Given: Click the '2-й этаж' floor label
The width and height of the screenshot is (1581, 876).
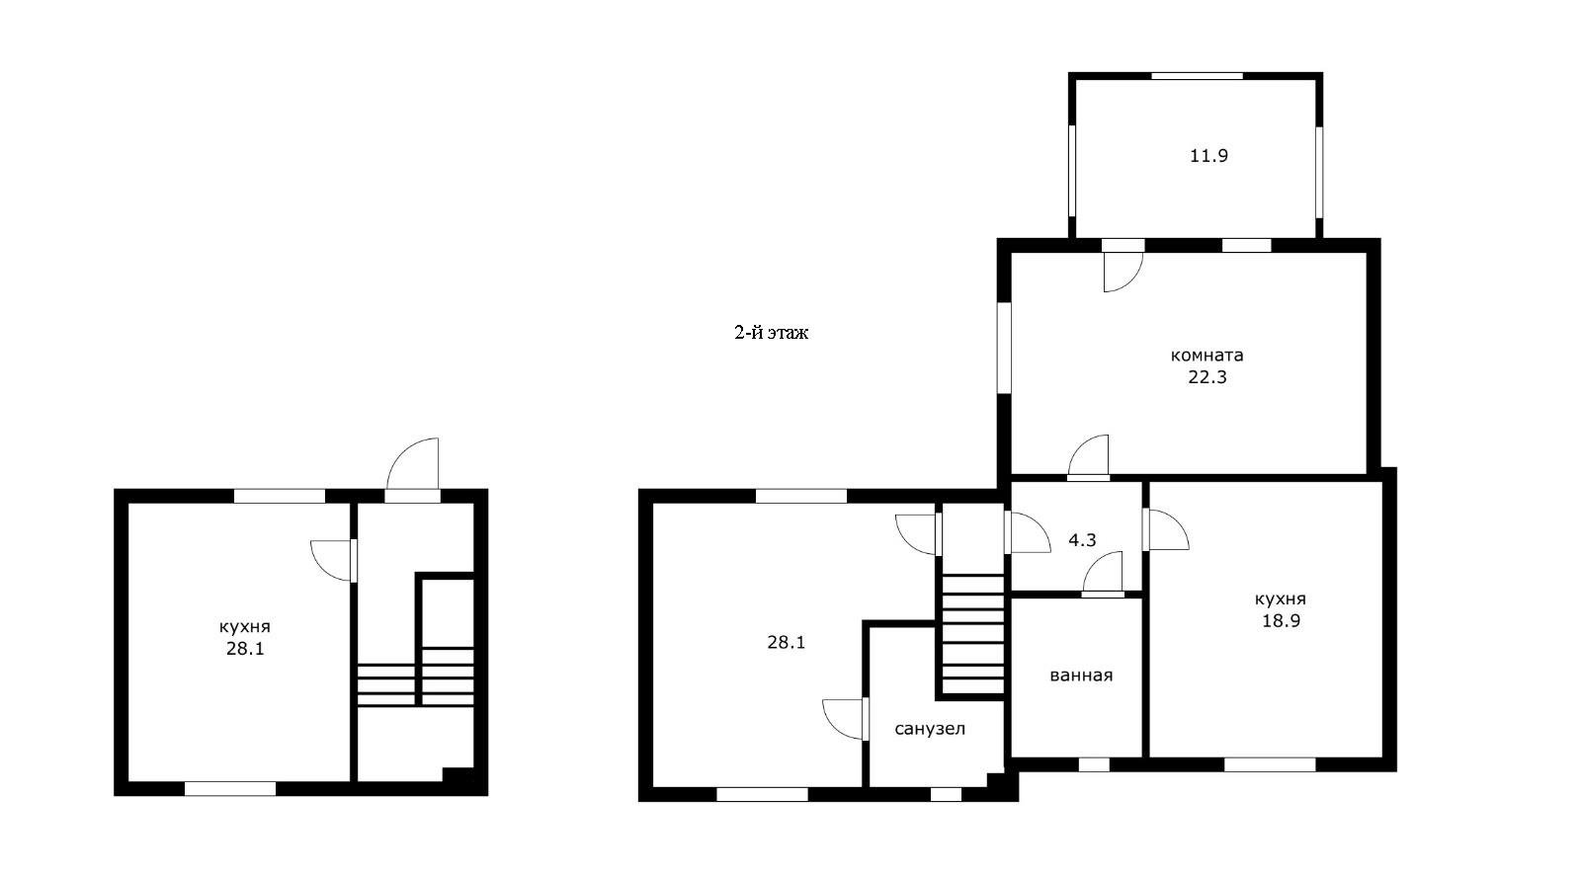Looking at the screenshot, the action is (771, 332).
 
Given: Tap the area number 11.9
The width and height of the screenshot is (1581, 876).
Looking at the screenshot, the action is (1209, 155).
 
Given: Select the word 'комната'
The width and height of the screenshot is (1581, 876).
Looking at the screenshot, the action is (1207, 355).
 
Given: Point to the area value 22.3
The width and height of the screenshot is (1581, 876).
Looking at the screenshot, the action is (1207, 377).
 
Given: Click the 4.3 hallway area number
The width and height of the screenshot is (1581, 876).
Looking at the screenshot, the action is (1082, 540).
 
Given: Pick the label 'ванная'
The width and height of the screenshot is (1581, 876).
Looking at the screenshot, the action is (1081, 676).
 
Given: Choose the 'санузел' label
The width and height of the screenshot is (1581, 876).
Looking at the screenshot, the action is (930, 729).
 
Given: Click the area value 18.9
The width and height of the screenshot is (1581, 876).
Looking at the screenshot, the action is (1281, 620).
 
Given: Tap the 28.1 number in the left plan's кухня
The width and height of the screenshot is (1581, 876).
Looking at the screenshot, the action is (245, 649).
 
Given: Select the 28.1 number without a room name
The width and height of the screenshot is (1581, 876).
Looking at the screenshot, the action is (787, 643).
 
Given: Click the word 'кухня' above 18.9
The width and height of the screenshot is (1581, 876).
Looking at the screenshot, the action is (1281, 599).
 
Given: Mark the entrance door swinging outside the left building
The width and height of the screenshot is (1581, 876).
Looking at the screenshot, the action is (413, 469).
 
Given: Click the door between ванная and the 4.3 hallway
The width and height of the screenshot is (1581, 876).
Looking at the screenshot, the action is (1103, 575).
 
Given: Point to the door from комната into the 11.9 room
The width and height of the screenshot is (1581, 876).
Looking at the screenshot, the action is (1123, 267).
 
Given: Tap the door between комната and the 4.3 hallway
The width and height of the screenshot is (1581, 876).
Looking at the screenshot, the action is (1088, 457).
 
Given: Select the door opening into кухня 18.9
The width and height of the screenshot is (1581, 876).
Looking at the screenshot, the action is (1165, 530).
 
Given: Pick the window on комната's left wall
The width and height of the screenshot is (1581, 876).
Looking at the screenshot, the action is (1004, 348).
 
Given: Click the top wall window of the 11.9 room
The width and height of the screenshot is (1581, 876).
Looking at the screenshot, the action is (1197, 75).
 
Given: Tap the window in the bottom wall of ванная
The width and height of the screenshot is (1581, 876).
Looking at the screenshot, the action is (1094, 764).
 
